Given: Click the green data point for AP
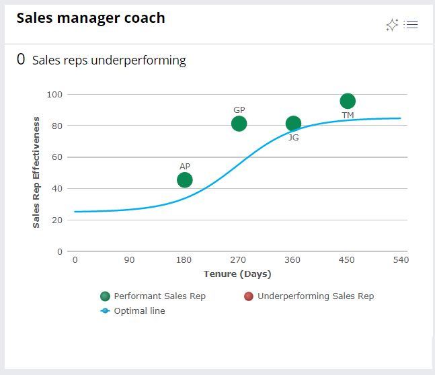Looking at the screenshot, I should point(185,180).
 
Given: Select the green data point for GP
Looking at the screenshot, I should point(239,124).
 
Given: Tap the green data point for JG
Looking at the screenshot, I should point(293,124).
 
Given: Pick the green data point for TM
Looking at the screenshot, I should point(348,101).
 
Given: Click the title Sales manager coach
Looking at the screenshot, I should point(91,18).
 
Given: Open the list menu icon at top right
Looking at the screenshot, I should point(411,25).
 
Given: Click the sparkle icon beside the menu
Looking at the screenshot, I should point(392,25).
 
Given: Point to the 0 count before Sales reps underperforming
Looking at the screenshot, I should point(21,60).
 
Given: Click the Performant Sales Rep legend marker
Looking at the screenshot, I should point(105,296).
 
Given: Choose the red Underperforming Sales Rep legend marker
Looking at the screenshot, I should point(249,296).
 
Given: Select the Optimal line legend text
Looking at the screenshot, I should point(139,311).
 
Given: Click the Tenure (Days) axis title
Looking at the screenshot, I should point(237,274).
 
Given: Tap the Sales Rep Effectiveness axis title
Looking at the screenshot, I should point(36,173).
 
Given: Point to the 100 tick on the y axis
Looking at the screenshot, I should point(54,94).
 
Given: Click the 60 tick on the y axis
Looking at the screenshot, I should point(57,157).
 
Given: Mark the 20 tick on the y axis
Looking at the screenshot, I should point(57,220).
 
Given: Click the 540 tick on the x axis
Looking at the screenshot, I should point(401,260).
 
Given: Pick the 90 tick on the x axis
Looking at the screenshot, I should point(129,260).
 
